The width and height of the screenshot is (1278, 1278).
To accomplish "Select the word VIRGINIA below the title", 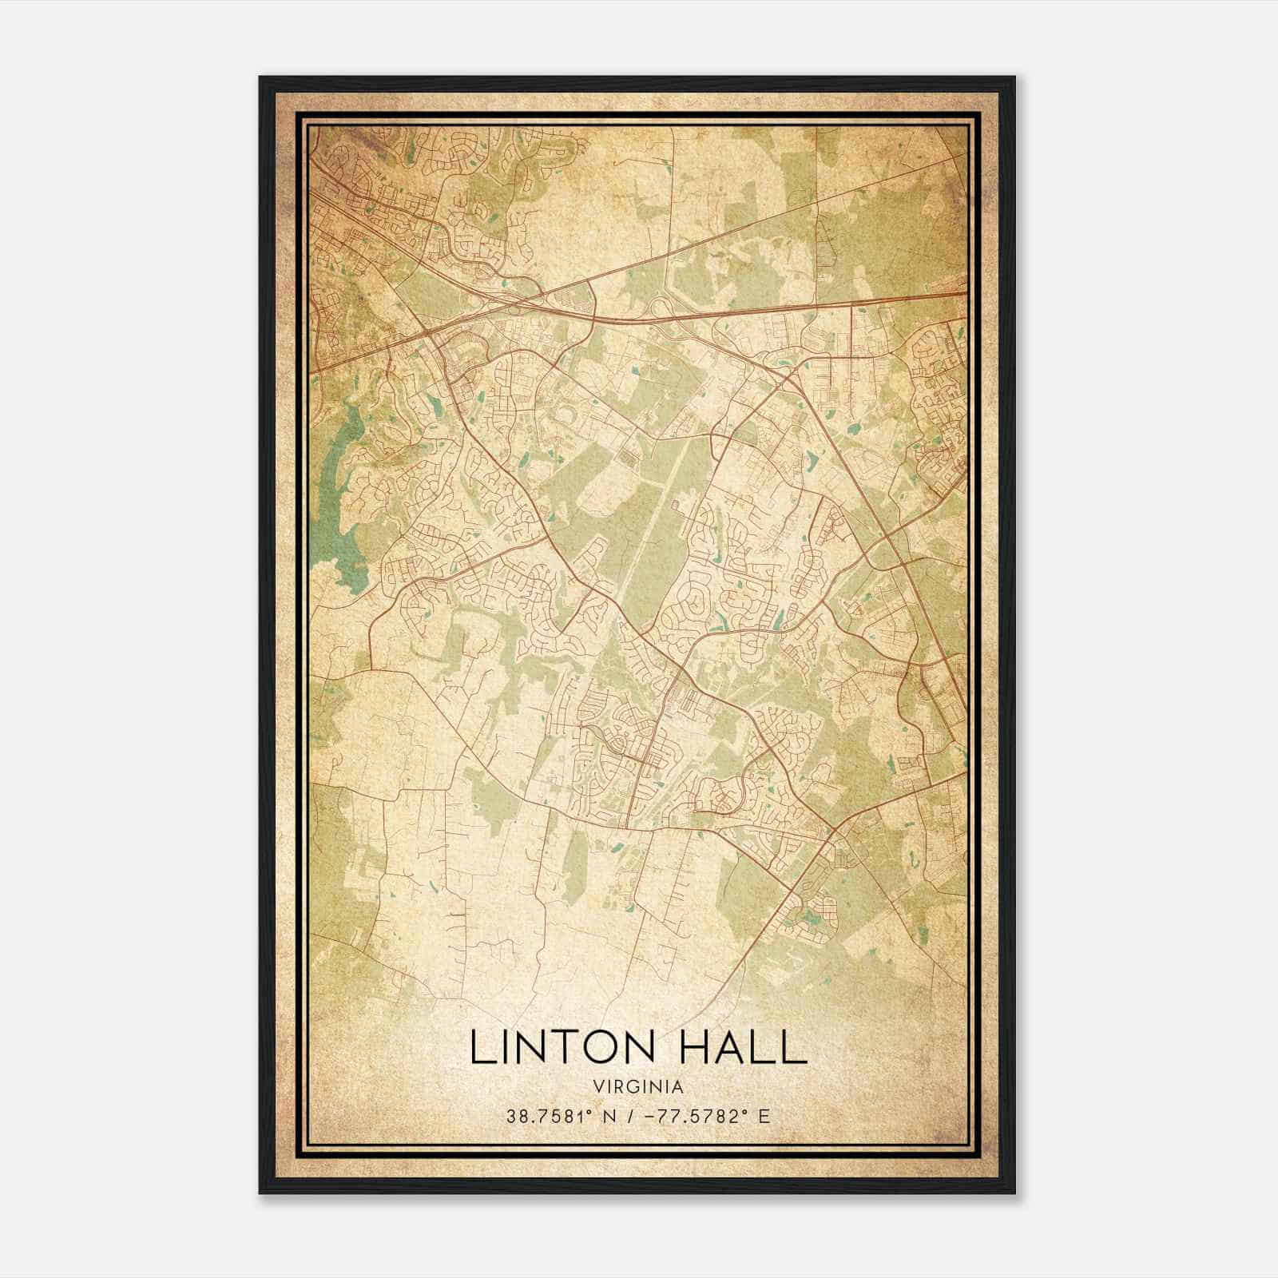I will [x=638, y=1087].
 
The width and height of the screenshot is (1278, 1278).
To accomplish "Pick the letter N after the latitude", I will [x=610, y=1117].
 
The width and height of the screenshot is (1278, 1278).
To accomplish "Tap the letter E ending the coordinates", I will [x=764, y=1117].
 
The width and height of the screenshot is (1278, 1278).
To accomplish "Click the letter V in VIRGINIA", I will [x=598, y=1087].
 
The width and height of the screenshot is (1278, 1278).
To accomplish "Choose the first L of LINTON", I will [x=481, y=1047].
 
